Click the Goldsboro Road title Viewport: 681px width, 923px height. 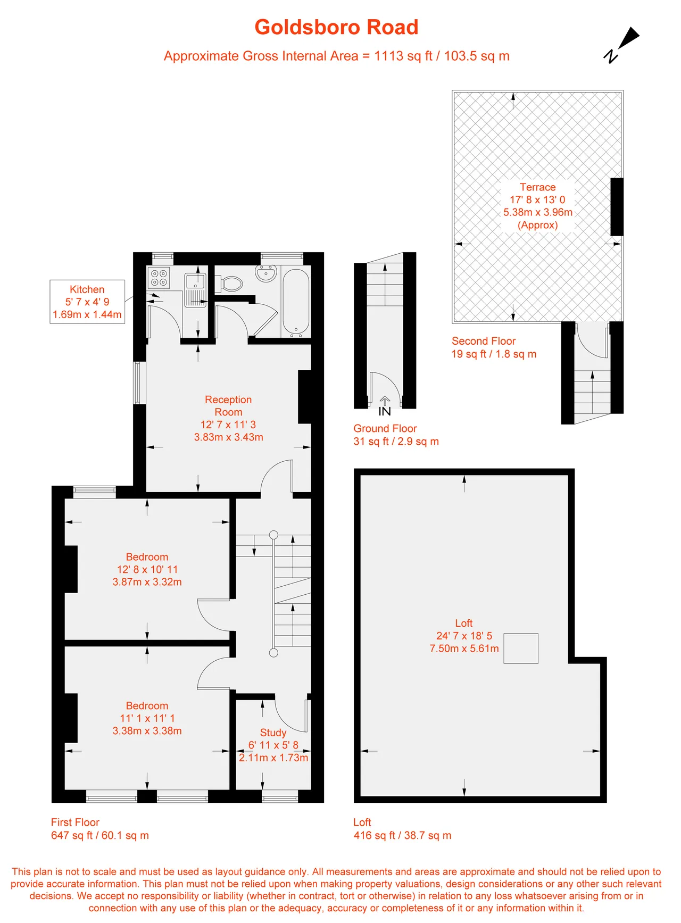pyautogui.click(x=336, y=27)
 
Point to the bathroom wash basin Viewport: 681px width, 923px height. pyautogui.click(x=266, y=273)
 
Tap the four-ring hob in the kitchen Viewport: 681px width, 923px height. pyautogui.click(x=159, y=278)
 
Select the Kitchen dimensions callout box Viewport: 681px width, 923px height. pyautogui.click(x=87, y=302)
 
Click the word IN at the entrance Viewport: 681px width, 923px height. pyautogui.click(x=385, y=411)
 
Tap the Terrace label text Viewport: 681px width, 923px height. pyautogui.click(x=538, y=187)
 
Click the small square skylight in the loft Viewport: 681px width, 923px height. pyautogui.click(x=521, y=648)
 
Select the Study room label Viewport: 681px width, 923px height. pyautogui.click(x=273, y=733)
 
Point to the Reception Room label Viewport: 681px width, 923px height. pyautogui.click(x=228, y=406)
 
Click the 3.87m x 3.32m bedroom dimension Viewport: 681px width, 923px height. pyautogui.click(x=147, y=582)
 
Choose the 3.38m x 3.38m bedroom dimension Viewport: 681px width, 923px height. pyautogui.click(x=147, y=731)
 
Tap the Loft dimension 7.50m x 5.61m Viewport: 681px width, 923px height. pyautogui.click(x=464, y=648)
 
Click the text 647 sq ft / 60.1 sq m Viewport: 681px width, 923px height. pyautogui.click(x=100, y=835)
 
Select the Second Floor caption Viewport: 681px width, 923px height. pyautogui.click(x=484, y=341)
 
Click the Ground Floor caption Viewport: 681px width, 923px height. pyautogui.click(x=385, y=428)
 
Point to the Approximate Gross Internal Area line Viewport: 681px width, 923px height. pyautogui.click(x=337, y=56)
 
